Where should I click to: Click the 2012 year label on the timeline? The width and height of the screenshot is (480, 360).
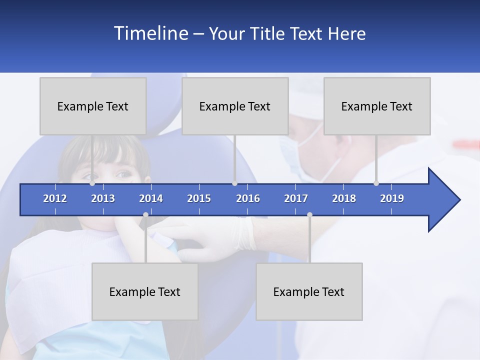tap(55, 198)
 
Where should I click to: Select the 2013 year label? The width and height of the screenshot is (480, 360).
tap(103, 198)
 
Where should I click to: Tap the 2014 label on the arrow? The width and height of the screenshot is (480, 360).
tap(151, 198)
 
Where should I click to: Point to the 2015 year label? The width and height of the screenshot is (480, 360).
tap(199, 198)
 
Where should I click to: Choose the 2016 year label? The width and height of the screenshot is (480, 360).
tap(248, 198)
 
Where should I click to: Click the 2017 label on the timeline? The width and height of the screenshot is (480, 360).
tap(296, 198)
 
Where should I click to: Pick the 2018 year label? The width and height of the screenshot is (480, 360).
tap(344, 198)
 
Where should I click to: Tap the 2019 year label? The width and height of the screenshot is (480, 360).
tap(392, 198)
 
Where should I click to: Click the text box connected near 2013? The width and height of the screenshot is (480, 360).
tap(93, 106)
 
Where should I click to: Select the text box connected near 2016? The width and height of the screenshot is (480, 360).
tap(235, 106)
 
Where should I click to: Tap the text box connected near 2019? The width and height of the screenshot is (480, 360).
tap(377, 106)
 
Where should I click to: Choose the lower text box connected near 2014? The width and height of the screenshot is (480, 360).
tap(145, 291)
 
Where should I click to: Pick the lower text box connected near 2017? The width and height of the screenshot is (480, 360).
tap(309, 291)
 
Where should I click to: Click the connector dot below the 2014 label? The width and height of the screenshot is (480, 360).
tap(145, 214)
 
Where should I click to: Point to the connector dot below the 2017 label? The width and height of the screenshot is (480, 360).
tap(309, 214)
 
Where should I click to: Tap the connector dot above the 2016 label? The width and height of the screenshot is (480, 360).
tap(234, 183)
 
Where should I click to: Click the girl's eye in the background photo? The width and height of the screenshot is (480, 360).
tap(122, 174)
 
